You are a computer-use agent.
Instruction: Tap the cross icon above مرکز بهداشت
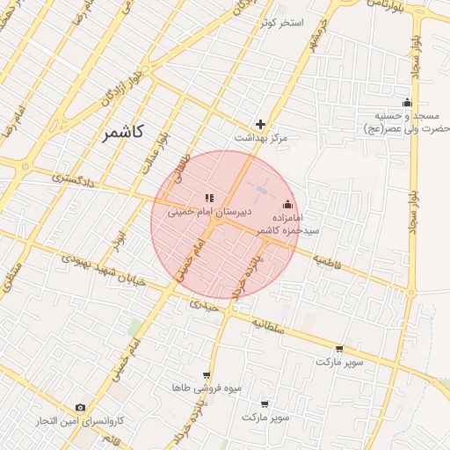[x=260, y=124]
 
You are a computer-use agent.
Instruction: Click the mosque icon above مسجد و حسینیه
[x=406, y=102]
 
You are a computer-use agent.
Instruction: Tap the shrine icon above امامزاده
[x=287, y=204]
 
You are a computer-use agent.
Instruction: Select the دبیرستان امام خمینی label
[x=210, y=213]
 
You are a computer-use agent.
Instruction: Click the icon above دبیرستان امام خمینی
[x=209, y=199]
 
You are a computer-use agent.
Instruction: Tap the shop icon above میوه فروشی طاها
[x=207, y=374]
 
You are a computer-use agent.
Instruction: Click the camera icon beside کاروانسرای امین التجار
[x=80, y=408]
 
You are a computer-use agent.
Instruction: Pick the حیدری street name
[x=201, y=307]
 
